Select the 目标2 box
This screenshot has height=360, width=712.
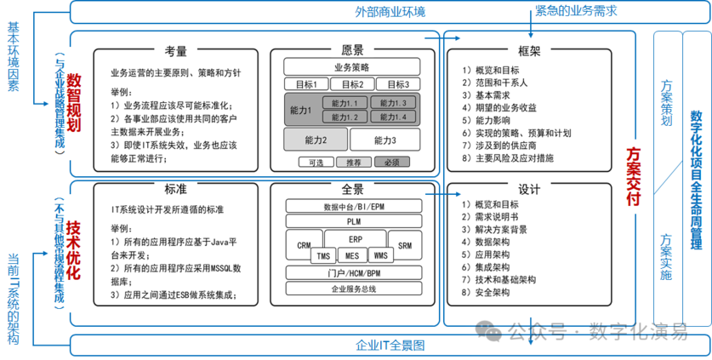coord(352,84)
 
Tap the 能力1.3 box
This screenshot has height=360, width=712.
coord(394,103)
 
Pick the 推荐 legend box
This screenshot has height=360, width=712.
coord(348,162)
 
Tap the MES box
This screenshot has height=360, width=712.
coord(350,255)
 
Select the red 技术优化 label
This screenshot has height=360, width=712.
coord(74,249)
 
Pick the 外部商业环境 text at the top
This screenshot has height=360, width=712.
coord(390,12)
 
